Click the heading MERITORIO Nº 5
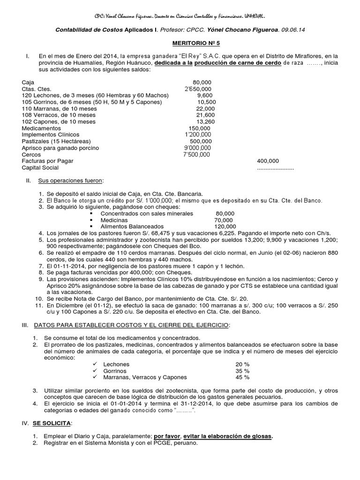(x=180, y=43)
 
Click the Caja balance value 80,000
(x=202, y=82)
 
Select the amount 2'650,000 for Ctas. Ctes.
(x=197, y=89)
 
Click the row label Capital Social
(x=40, y=167)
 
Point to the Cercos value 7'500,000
(x=197, y=154)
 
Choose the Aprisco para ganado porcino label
(x=60, y=148)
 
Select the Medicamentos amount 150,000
(x=199, y=128)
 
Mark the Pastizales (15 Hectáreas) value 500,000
(x=201, y=141)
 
